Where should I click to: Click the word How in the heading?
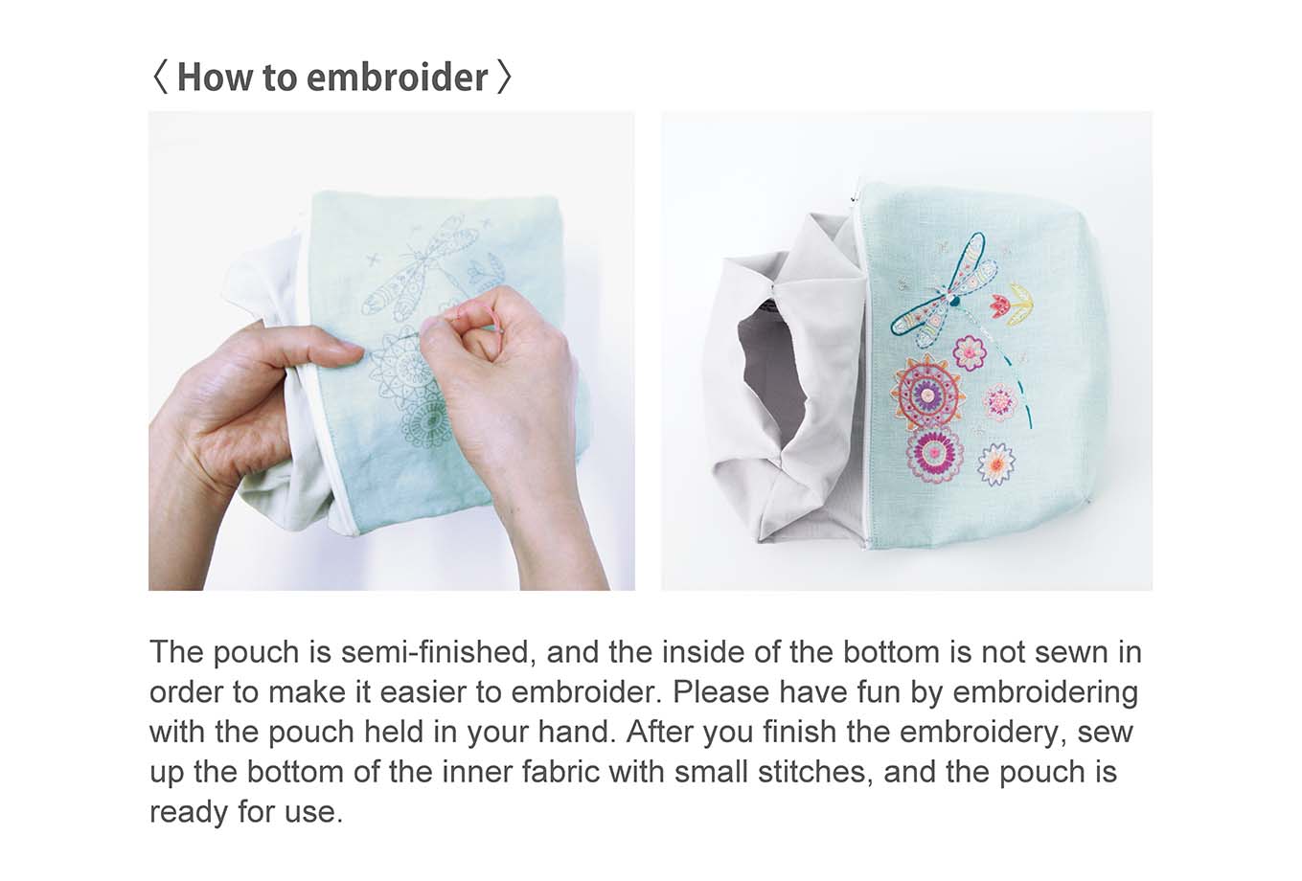coord(217,78)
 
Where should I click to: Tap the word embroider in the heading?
coord(397,78)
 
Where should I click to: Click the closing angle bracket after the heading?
coord(504,78)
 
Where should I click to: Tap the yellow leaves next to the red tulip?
coord(1023,303)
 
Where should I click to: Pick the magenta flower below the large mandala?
coord(935,453)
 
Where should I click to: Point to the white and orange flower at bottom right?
coord(996,463)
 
